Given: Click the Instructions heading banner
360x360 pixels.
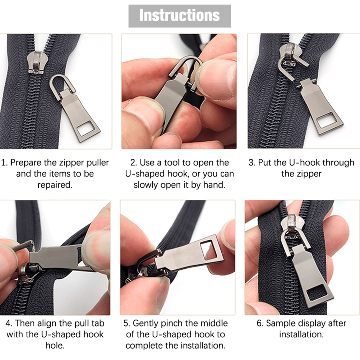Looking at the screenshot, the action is (180, 16).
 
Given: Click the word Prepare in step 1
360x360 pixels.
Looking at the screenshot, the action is (26, 162).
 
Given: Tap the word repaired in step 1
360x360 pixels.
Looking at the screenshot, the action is (55, 185).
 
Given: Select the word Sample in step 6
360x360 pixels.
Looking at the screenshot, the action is (281, 323).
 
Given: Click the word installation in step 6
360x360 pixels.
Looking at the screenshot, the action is (301, 334).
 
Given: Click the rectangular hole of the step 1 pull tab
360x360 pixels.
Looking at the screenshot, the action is (85, 130).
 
